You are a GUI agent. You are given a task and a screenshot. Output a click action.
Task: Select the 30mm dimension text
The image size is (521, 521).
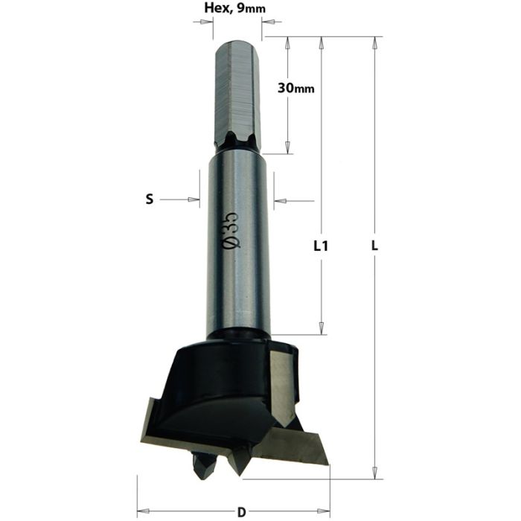click(x=295, y=88)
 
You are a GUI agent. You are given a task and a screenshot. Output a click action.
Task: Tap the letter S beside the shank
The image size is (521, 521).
click(x=149, y=199)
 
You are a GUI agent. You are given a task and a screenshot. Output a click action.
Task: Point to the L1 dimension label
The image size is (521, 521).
click(x=321, y=246)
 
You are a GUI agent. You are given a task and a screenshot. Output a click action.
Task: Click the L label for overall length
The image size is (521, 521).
click(x=376, y=246)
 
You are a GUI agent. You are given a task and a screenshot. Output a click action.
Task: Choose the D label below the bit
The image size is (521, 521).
click(x=240, y=511)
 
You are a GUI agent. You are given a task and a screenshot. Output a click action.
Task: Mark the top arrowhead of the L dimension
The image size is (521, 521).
click(x=375, y=42)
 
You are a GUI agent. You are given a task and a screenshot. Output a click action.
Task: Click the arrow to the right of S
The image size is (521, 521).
click(x=194, y=199)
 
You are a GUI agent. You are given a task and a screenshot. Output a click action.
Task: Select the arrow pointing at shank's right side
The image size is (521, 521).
click(x=281, y=200)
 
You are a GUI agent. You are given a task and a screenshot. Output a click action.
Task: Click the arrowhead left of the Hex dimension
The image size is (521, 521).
click(x=208, y=22)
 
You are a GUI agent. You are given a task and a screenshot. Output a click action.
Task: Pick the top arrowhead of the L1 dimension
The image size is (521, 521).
click(x=322, y=42)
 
